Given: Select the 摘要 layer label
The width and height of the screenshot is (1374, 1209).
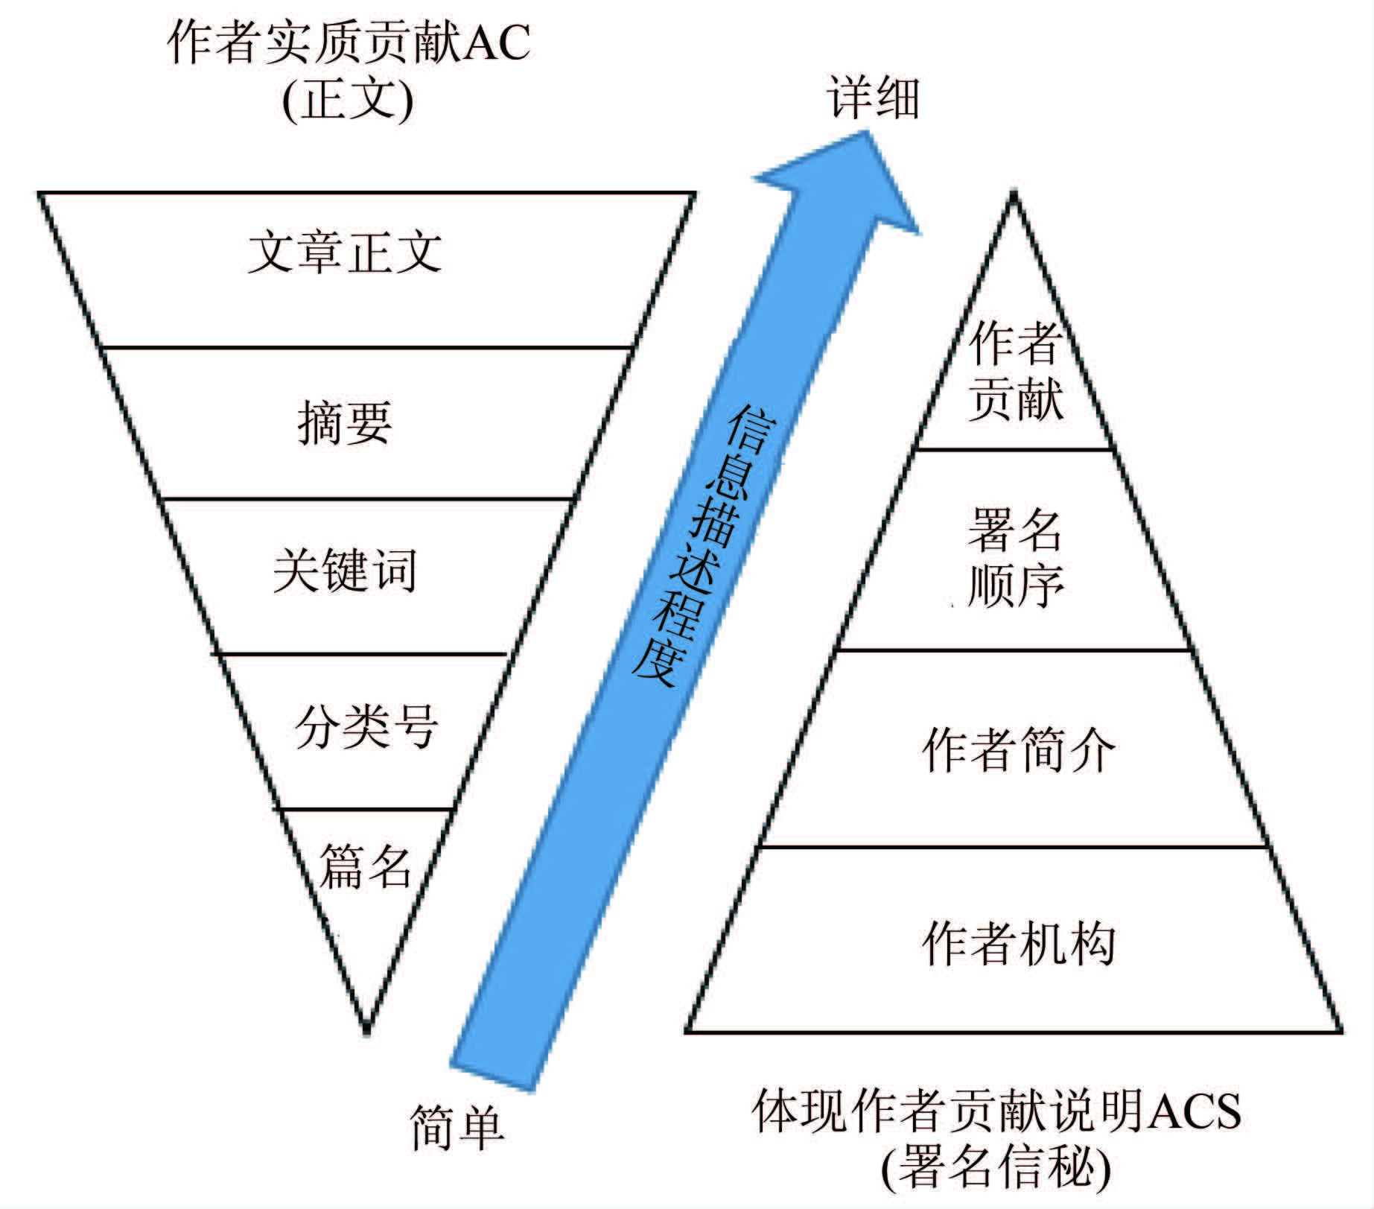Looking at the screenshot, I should [345, 422].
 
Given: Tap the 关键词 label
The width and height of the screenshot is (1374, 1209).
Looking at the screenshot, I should [345, 571].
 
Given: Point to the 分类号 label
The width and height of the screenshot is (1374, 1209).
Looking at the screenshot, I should [366, 726].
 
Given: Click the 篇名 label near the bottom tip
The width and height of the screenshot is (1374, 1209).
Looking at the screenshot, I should [365, 866].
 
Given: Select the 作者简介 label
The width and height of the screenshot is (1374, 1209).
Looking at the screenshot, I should [1018, 749].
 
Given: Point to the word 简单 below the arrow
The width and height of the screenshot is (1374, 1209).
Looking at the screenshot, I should [457, 1128].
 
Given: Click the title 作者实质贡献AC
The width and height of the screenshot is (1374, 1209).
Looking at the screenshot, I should [349, 42].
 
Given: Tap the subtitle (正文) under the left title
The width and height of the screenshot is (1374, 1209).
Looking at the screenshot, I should [348, 99].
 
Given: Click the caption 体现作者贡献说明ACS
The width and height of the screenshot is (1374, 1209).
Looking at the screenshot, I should [996, 1111].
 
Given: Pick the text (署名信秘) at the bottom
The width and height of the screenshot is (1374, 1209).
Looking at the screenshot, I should [996, 1167].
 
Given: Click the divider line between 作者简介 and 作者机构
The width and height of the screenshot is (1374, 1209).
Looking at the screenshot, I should [1014, 846].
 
